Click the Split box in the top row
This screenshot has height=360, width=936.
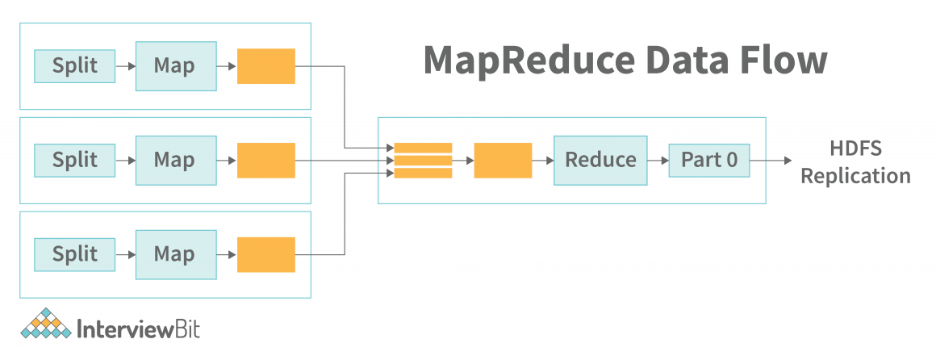pyautogui.click(x=74, y=66)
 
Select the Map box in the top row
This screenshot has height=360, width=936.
pyautogui.click(x=175, y=66)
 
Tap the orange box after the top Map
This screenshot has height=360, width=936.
pyautogui.click(x=265, y=66)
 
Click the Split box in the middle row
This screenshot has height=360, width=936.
pyautogui.click(x=74, y=160)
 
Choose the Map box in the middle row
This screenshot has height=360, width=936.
pyautogui.click(x=175, y=160)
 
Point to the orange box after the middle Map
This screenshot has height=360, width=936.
pyautogui.click(x=265, y=160)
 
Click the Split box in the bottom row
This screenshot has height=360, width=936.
pyautogui.click(x=74, y=253)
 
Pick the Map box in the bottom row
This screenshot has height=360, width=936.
pyautogui.click(x=175, y=253)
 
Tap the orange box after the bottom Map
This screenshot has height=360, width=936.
pyautogui.click(x=265, y=253)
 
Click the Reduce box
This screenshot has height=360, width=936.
pyautogui.click(x=600, y=160)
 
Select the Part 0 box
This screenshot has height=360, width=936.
pyautogui.click(x=709, y=160)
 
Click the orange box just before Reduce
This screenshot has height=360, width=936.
pyautogui.click(x=503, y=160)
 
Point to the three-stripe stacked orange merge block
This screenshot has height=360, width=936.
pyautogui.click(x=423, y=160)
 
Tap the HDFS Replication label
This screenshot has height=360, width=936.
pyautogui.click(x=855, y=162)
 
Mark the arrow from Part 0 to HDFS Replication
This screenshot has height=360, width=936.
pyautogui.click(x=771, y=160)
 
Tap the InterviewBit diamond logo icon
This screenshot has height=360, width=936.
pyautogui.click(x=45, y=324)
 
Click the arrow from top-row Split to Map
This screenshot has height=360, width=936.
pyautogui.click(x=124, y=66)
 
